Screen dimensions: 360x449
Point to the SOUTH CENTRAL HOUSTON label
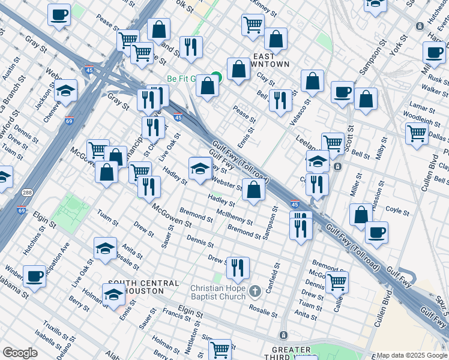pos(143,287)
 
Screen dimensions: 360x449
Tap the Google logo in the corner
pos(20,353)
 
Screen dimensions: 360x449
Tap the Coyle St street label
pos(397,211)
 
